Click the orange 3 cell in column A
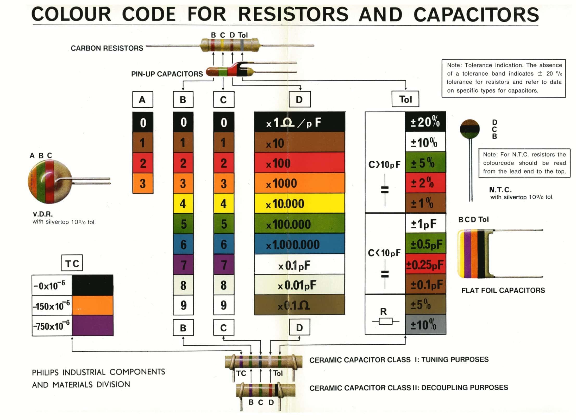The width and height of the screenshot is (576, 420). point(143,183)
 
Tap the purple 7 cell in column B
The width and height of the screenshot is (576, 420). point(183,265)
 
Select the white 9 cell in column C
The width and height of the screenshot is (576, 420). point(224,305)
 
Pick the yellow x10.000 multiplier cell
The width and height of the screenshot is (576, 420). point(299,204)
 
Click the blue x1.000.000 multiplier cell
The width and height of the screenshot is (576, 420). point(299,244)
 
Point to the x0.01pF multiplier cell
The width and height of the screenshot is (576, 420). point(299,285)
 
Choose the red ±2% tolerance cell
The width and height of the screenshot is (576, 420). point(425,183)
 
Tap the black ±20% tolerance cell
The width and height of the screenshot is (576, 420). point(425,122)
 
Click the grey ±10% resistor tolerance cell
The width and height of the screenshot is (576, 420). point(425,325)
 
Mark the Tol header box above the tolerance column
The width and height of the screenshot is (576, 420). point(405,99)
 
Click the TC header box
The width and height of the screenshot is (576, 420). point(72,263)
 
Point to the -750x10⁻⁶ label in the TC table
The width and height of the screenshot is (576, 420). point(52,326)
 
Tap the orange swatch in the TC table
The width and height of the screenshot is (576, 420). point(92,306)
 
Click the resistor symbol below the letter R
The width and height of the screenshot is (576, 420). point(386,321)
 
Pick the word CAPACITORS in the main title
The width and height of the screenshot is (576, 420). point(476,15)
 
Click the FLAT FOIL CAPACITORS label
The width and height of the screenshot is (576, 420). point(503,290)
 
